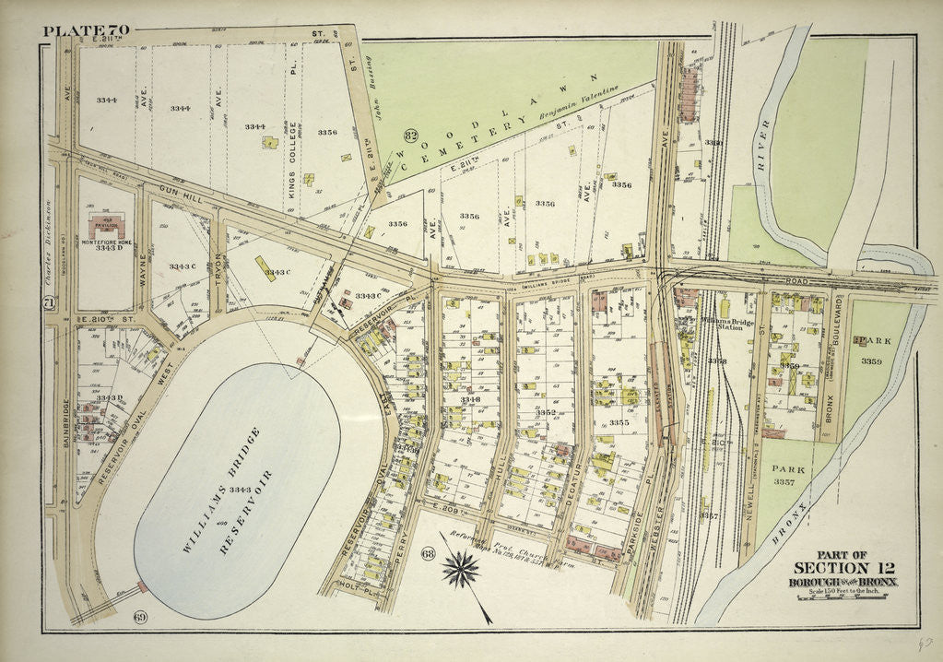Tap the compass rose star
(461, 570)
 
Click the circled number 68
(427, 553)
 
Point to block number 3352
(546, 412)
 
